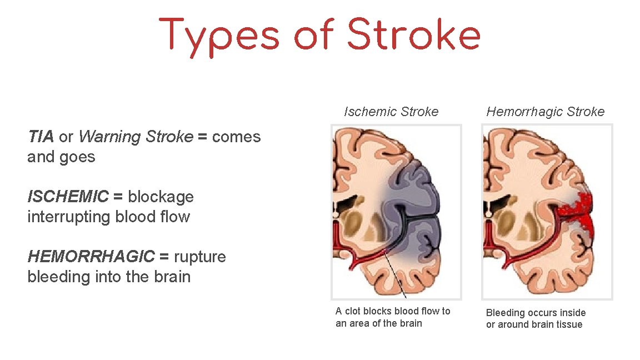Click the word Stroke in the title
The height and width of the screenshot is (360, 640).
413,36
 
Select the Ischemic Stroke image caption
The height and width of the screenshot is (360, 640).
391,112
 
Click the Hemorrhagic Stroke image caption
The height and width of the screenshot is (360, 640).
546,112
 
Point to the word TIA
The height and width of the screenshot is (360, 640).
41,137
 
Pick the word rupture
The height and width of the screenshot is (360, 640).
199,257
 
